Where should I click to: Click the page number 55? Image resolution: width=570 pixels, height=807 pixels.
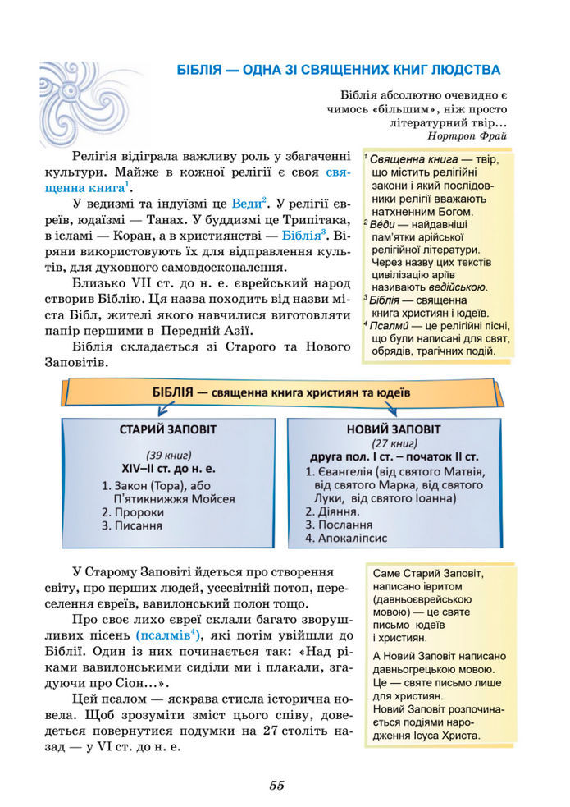(276, 785)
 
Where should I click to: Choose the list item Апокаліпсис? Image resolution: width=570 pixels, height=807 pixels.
(341, 538)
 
